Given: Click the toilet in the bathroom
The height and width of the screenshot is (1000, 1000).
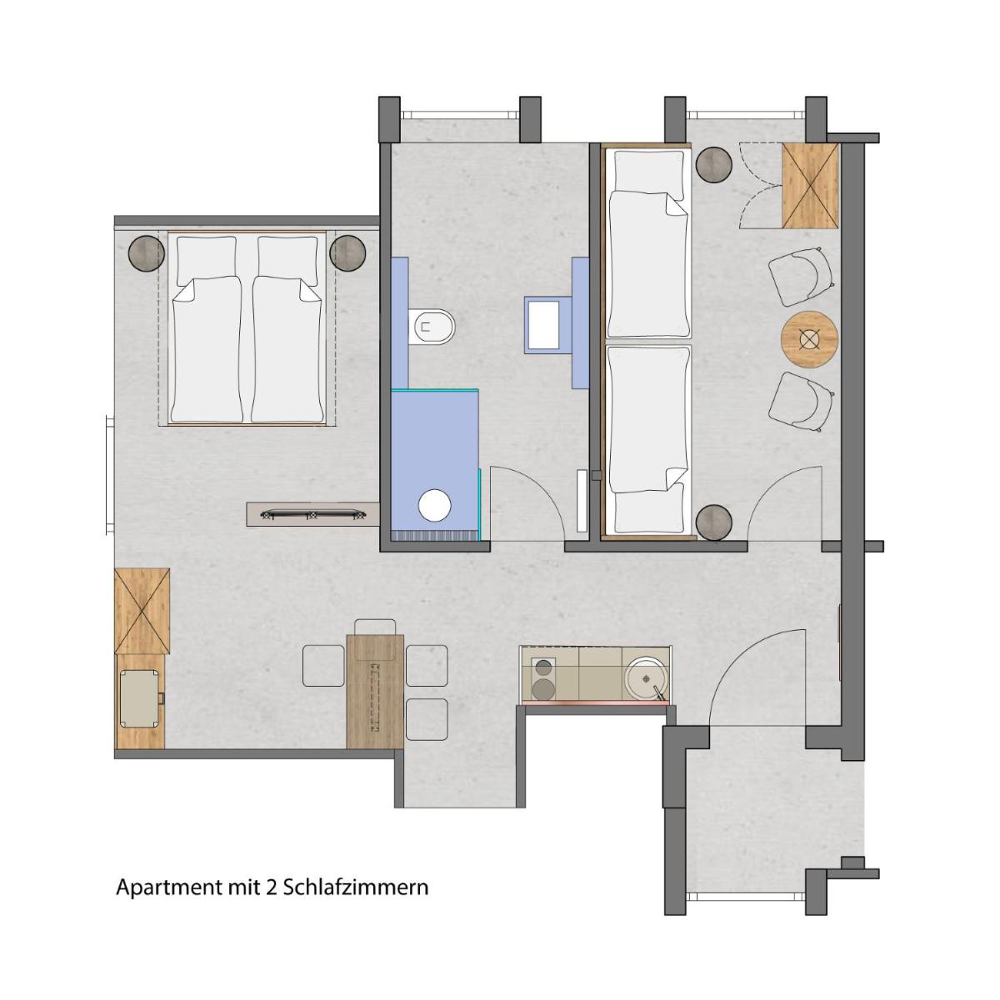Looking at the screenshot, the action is [x=432, y=327].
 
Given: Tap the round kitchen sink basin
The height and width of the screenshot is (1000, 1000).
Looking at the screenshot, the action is [x=646, y=678].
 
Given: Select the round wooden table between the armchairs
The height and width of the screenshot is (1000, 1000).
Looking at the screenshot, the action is [x=809, y=339].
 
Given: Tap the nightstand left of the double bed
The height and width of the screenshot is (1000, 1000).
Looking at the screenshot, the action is [x=147, y=253].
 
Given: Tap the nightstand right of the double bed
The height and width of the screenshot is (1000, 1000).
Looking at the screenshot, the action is [x=347, y=252].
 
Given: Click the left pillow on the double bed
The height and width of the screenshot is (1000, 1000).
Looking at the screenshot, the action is [x=207, y=261].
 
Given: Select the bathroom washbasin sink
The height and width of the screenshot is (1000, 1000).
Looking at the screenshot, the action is [x=542, y=324].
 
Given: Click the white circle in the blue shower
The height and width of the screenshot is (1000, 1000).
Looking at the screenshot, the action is [x=435, y=505].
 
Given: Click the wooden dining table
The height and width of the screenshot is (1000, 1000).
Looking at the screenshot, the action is [x=375, y=691].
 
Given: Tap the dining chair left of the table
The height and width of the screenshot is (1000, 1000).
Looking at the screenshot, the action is [x=324, y=665].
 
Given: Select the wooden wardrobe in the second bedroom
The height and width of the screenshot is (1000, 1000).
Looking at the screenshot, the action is [x=810, y=186].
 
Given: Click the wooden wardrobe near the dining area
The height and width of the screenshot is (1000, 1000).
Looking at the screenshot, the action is [x=142, y=611].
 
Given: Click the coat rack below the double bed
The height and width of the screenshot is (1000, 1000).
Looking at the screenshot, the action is [x=313, y=516].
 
